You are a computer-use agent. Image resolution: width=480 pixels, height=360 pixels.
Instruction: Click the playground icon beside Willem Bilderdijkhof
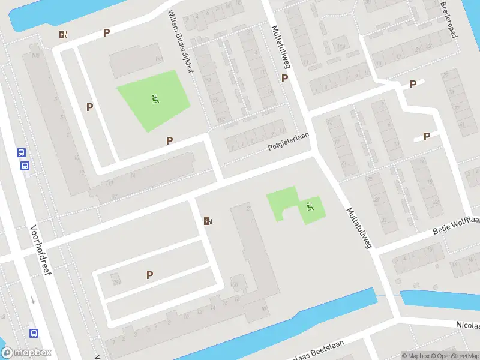tap(155, 99)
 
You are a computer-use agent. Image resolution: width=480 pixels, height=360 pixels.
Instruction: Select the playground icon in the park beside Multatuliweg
tap(310, 207)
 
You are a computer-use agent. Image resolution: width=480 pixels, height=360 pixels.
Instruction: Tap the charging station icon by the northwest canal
tap(63, 35)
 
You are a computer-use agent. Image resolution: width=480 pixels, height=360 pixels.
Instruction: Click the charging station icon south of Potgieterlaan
tap(208, 221)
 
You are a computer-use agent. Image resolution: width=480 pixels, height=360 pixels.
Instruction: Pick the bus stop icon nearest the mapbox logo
tap(34, 332)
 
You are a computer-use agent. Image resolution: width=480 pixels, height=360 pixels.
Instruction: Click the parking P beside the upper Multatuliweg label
tap(284, 79)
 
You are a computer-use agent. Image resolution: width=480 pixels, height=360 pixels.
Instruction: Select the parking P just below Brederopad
tap(413, 85)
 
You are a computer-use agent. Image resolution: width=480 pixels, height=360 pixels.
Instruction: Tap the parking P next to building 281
tap(149, 275)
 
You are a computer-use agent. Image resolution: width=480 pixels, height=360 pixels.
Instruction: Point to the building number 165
tap(159, 59)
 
